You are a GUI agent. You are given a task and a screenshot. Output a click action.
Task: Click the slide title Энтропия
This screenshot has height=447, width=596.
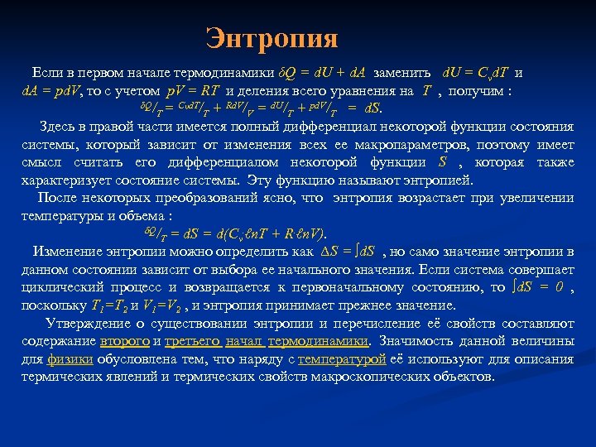coord(272,39)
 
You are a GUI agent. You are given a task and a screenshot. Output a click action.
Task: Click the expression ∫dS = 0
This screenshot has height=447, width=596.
coord(538,287)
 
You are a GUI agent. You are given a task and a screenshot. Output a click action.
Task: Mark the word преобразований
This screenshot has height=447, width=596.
coord(198,198)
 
